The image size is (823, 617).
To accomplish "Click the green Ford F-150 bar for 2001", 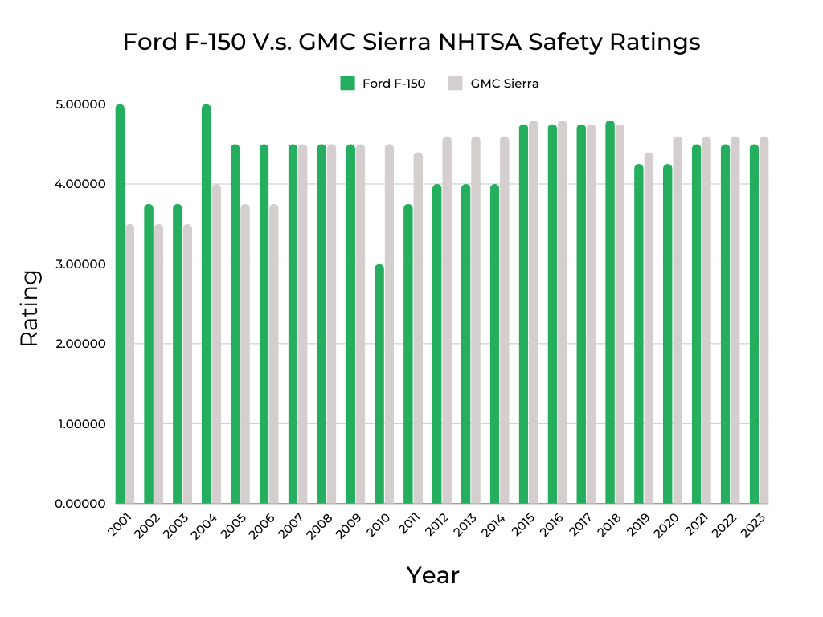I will [120, 305].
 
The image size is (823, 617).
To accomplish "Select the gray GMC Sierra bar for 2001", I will [129, 365].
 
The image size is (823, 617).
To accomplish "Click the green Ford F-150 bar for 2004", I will [207, 305].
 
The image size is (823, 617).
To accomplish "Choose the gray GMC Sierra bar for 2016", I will [562, 313].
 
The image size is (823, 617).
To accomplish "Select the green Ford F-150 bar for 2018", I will [610, 313].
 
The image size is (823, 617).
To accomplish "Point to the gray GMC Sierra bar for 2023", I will [764, 321].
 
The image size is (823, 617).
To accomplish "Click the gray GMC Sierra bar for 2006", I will [273, 354].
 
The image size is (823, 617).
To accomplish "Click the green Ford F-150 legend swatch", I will [348, 83].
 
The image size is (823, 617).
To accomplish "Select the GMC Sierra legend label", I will [504, 83].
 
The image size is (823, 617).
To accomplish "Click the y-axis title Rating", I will [29, 308].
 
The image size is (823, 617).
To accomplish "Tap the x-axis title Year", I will [432, 575].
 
